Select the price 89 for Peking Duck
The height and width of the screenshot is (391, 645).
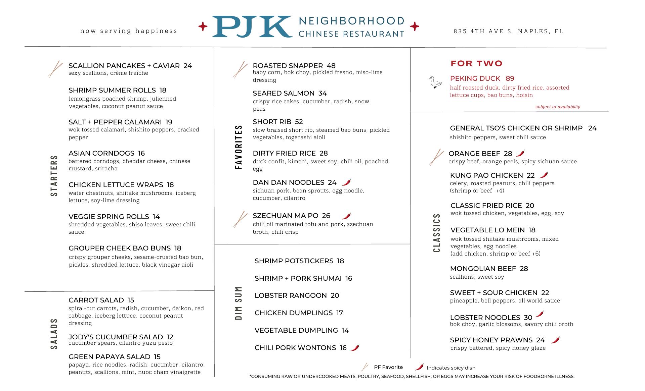pyautogui.click(x=510, y=78)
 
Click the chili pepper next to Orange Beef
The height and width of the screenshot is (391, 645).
pyautogui.click(x=520, y=153)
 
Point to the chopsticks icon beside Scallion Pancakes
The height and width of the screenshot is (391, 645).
pyautogui.click(x=55, y=69)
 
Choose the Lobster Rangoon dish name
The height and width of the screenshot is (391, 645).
pyautogui.click(x=291, y=295)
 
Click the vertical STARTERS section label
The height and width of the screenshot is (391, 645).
pyautogui.click(x=54, y=176)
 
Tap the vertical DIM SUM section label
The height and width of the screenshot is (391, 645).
pyautogui.click(x=239, y=303)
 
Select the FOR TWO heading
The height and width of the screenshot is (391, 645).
pyautogui.click(x=476, y=63)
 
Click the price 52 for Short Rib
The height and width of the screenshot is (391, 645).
pyautogui.click(x=299, y=122)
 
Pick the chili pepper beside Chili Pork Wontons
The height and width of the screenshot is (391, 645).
pyautogui.click(x=355, y=347)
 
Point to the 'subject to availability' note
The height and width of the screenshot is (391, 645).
pyautogui.click(x=558, y=107)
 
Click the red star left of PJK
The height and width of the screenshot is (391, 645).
pyautogui.click(x=203, y=26)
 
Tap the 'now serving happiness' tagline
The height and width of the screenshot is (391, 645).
pyautogui.click(x=129, y=31)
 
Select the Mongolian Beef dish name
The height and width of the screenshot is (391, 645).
pyautogui.click(x=483, y=269)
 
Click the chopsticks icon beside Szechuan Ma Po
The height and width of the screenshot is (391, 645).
pyautogui.click(x=240, y=219)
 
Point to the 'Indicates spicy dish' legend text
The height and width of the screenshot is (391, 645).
pyautogui.click(x=451, y=368)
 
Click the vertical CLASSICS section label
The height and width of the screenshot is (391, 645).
pyautogui.click(x=436, y=233)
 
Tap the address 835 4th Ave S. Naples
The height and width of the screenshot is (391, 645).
pyautogui.click(x=508, y=31)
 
